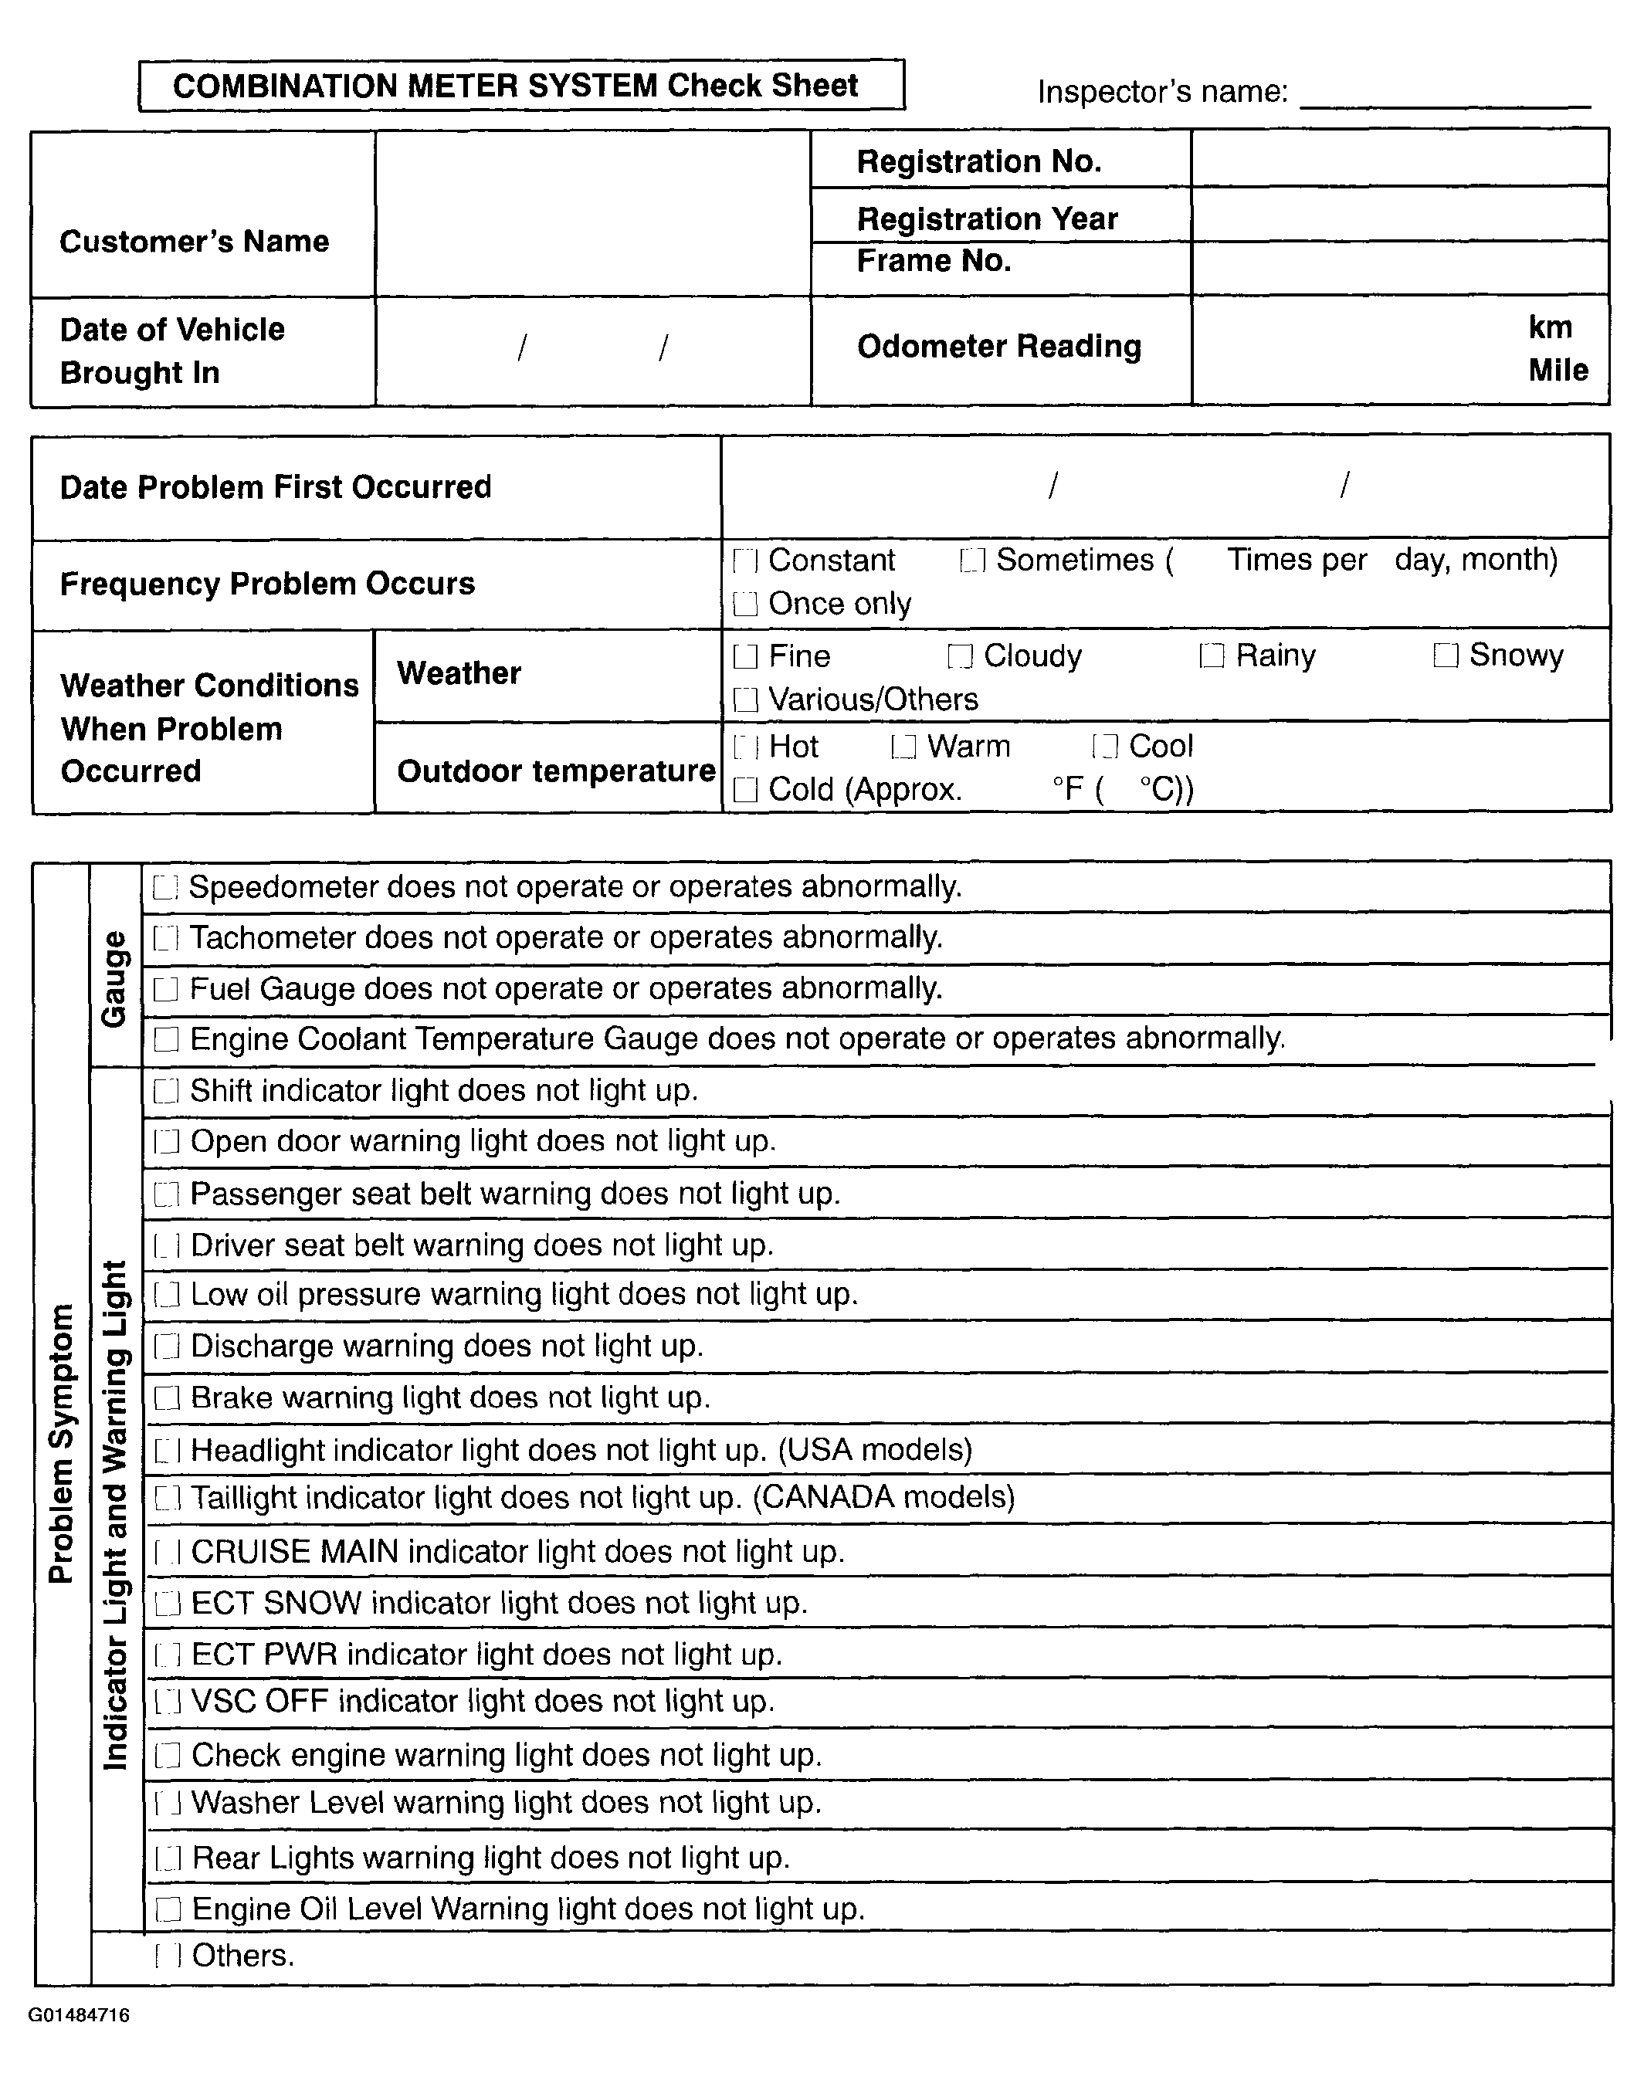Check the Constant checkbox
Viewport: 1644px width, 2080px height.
point(745,561)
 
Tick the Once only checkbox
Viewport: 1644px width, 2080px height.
point(745,604)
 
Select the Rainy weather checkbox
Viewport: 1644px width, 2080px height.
point(1212,656)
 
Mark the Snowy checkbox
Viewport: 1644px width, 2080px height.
point(1446,656)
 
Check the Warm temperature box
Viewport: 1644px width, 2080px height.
point(903,747)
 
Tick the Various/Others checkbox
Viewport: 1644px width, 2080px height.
point(745,700)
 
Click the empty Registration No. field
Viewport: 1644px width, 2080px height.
point(1399,159)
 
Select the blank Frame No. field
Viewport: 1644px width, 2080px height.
point(1399,268)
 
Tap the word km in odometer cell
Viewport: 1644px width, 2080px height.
point(1550,327)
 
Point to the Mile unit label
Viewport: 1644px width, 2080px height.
point(1558,371)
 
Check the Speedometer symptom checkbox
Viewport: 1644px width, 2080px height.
point(165,887)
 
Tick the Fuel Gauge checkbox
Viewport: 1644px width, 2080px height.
point(165,990)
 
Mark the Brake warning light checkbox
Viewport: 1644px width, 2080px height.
point(168,1397)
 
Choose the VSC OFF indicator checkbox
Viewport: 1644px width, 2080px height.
point(168,1702)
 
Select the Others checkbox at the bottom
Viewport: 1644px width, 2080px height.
point(168,1956)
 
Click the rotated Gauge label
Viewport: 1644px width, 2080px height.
point(114,979)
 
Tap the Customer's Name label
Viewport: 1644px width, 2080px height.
point(195,242)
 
